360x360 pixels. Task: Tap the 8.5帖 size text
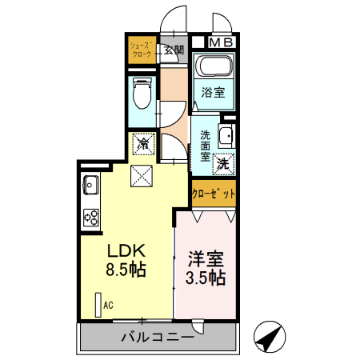(126, 269)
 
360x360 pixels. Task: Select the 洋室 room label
(206, 258)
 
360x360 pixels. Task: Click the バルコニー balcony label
(157, 338)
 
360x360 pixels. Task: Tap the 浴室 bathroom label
(213, 92)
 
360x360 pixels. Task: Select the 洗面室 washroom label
(206, 146)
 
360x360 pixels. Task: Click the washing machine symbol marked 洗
(225, 161)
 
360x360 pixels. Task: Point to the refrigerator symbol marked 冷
(143, 144)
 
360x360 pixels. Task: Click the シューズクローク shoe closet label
(142, 51)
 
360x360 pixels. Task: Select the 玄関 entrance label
(174, 50)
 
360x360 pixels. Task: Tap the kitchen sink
(89, 186)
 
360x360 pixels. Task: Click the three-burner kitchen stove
(90, 217)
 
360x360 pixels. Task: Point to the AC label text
(107, 305)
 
